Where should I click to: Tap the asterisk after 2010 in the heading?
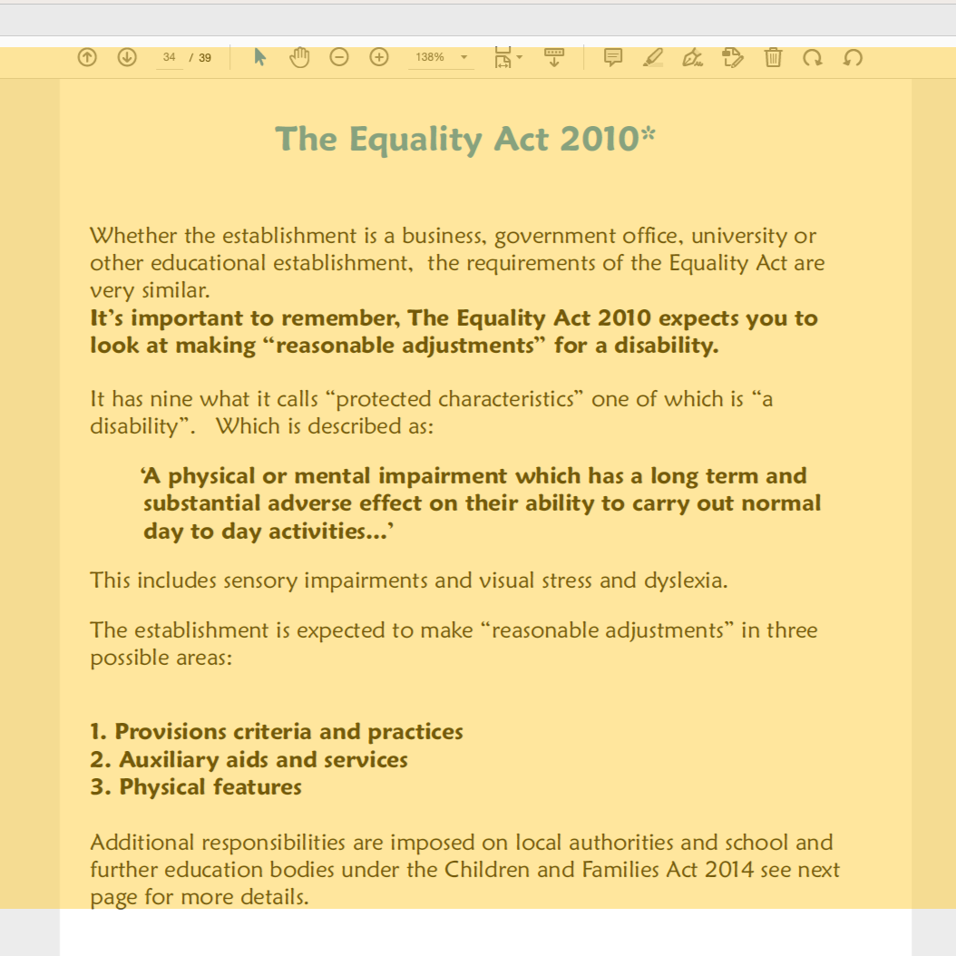(x=648, y=136)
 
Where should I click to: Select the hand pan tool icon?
(x=299, y=57)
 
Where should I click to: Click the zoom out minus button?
(x=338, y=57)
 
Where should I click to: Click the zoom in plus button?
(x=379, y=57)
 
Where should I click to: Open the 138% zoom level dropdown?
(x=443, y=57)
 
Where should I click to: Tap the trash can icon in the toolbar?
(x=773, y=57)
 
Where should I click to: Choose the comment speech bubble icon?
(x=613, y=57)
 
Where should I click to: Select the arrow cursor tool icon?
(x=260, y=57)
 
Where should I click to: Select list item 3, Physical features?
(x=196, y=786)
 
